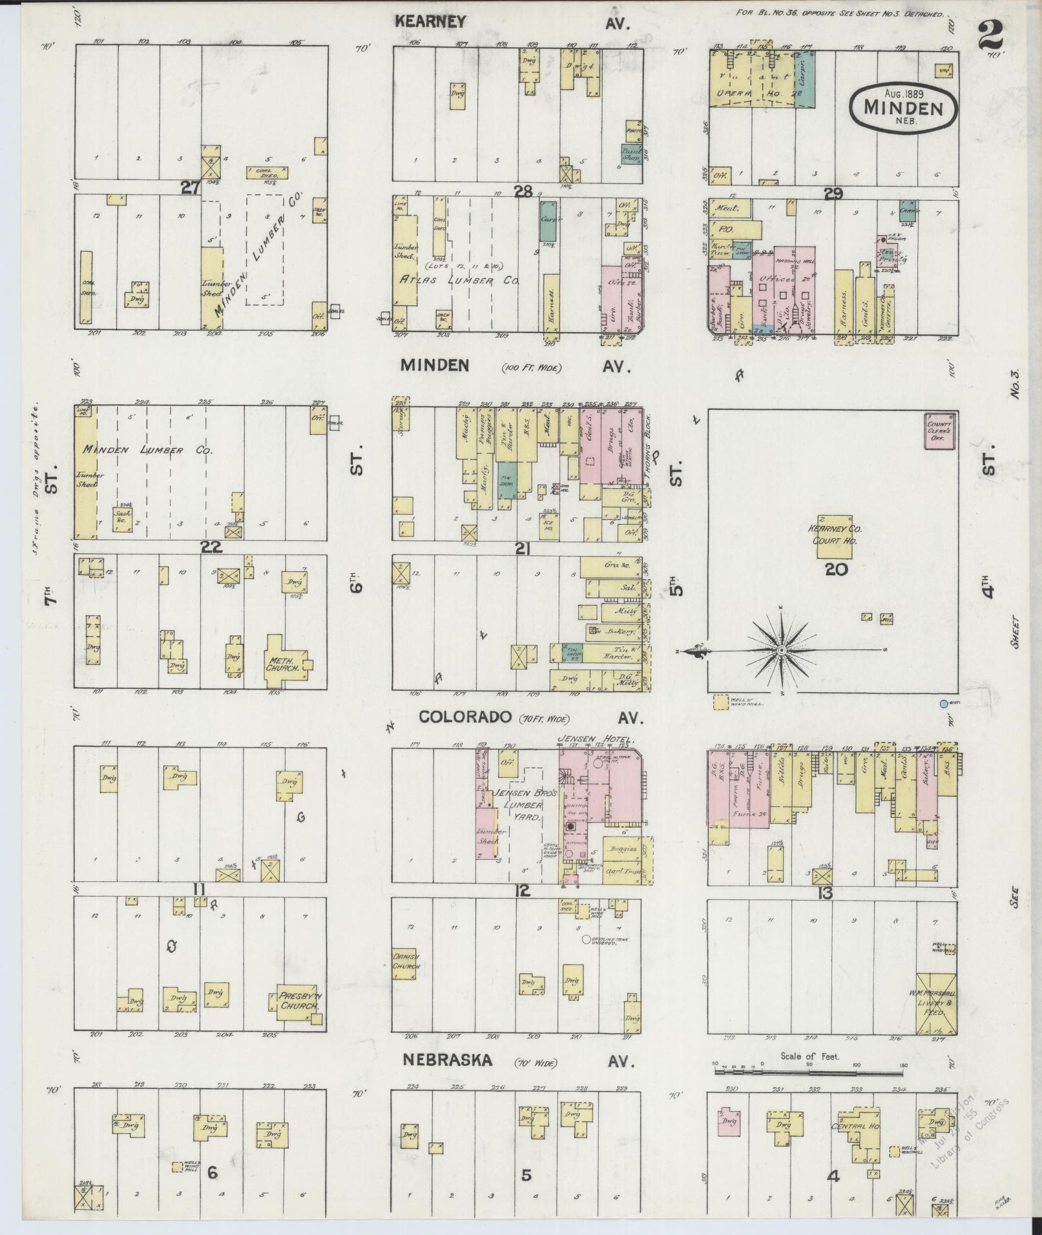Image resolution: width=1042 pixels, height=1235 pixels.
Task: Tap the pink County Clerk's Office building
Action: point(940,431)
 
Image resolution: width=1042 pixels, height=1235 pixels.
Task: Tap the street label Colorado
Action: point(456,717)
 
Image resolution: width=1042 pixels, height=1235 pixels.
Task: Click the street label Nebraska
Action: point(448,1060)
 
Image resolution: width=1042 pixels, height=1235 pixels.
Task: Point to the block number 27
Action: point(190,187)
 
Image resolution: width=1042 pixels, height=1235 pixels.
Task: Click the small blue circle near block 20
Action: point(944,703)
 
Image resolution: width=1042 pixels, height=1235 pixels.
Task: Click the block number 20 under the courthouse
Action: point(836,569)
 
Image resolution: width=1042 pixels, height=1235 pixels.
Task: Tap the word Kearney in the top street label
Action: point(430,21)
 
